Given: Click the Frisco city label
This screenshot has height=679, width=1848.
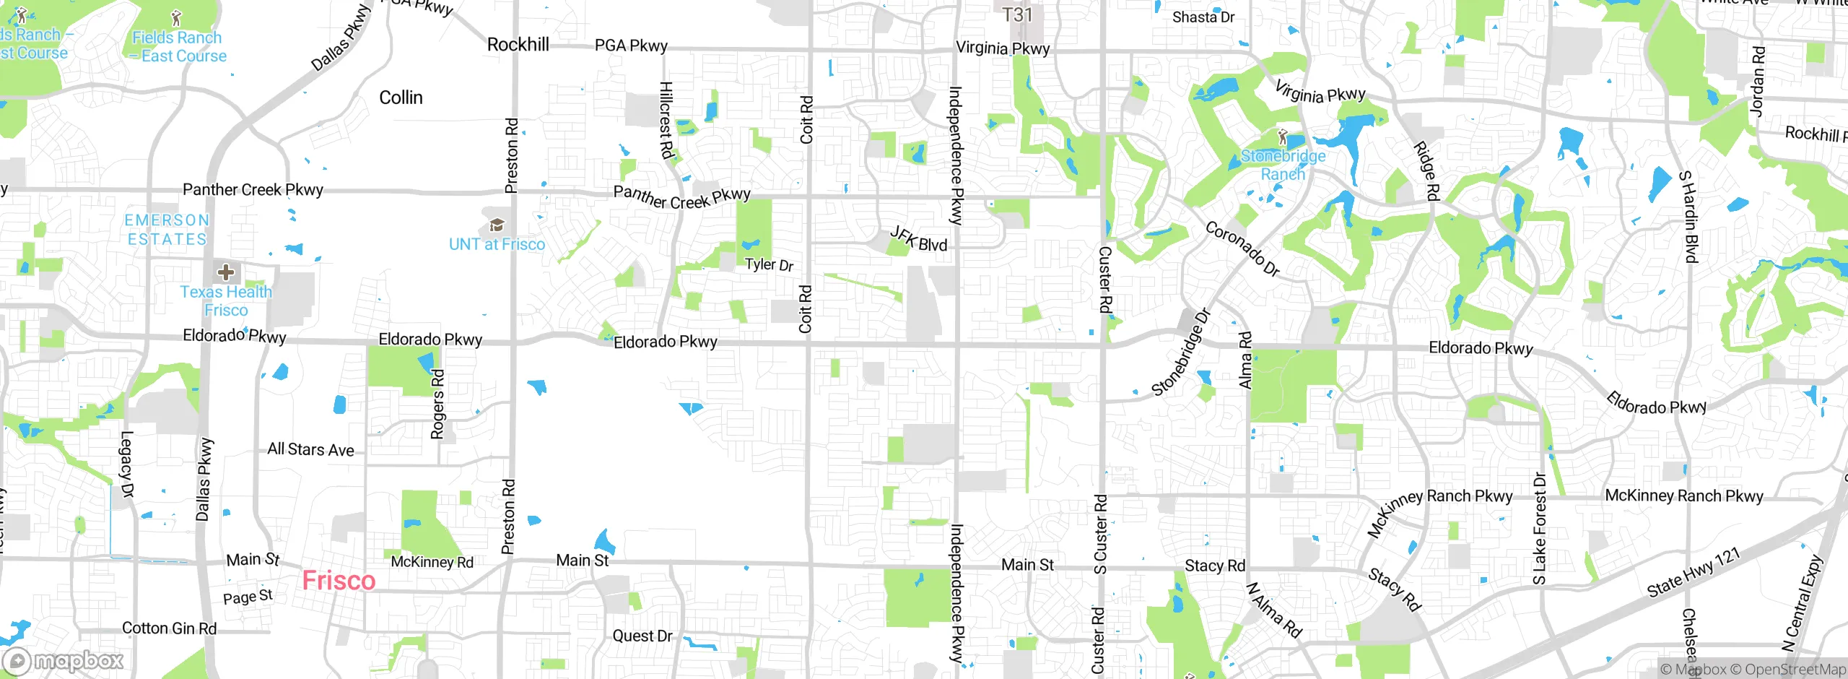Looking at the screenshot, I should (x=339, y=581).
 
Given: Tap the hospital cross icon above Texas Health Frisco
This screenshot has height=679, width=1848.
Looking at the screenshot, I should (x=226, y=272).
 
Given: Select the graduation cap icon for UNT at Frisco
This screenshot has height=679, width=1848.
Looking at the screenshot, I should (x=497, y=225).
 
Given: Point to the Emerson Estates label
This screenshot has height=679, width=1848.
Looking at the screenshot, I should (x=167, y=230).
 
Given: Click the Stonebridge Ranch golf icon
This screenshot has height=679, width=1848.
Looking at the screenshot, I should (x=1283, y=137).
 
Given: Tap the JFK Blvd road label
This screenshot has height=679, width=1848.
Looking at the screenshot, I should (x=918, y=239).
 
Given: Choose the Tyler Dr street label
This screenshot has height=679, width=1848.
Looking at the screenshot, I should (x=769, y=264).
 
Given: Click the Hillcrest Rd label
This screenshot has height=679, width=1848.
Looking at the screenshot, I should (x=666, y=120).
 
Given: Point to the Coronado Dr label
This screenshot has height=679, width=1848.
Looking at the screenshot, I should (x=1242, y=248).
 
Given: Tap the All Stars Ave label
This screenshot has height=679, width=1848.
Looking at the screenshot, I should (x=310, y=449).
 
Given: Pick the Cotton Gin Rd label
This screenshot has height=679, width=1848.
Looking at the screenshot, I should (x=169, y=628).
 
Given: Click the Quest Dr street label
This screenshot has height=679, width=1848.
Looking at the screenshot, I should (x=642, y=636).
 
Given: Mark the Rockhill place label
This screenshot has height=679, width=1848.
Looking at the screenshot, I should (x=518, y=45).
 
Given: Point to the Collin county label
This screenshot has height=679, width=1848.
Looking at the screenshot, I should (x=401, y=98).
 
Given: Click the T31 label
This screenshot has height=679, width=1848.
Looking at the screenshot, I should (x=1017, y=15).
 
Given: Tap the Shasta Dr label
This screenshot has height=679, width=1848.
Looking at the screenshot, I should (x=1203, y=17).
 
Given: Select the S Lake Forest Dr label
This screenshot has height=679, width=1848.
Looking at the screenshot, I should (x=1540, y=528).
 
